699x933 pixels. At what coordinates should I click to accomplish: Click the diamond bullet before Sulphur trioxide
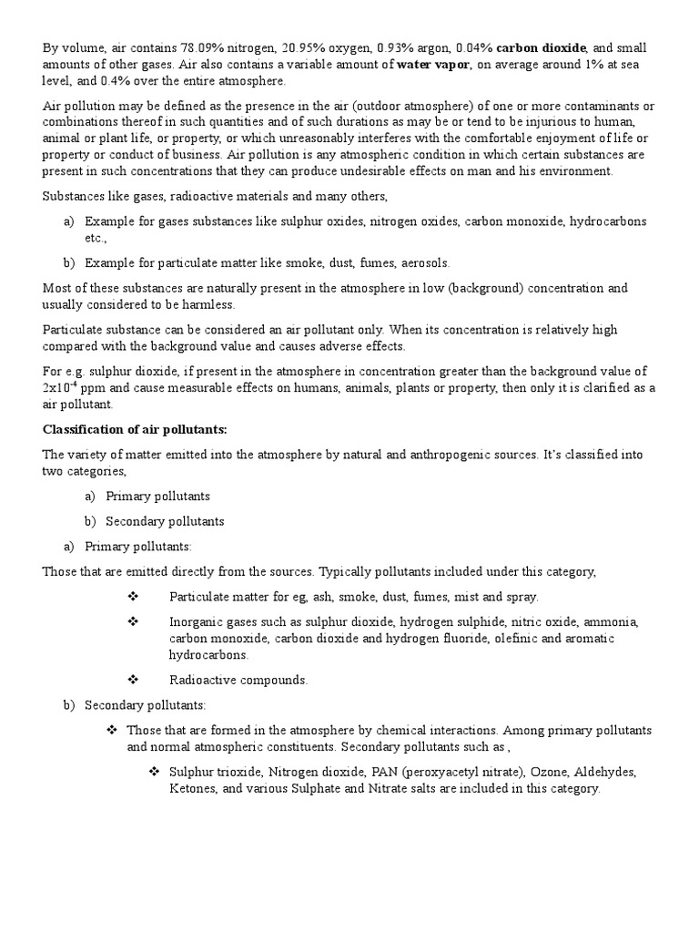pyautogui.click(x=154, y=772)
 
